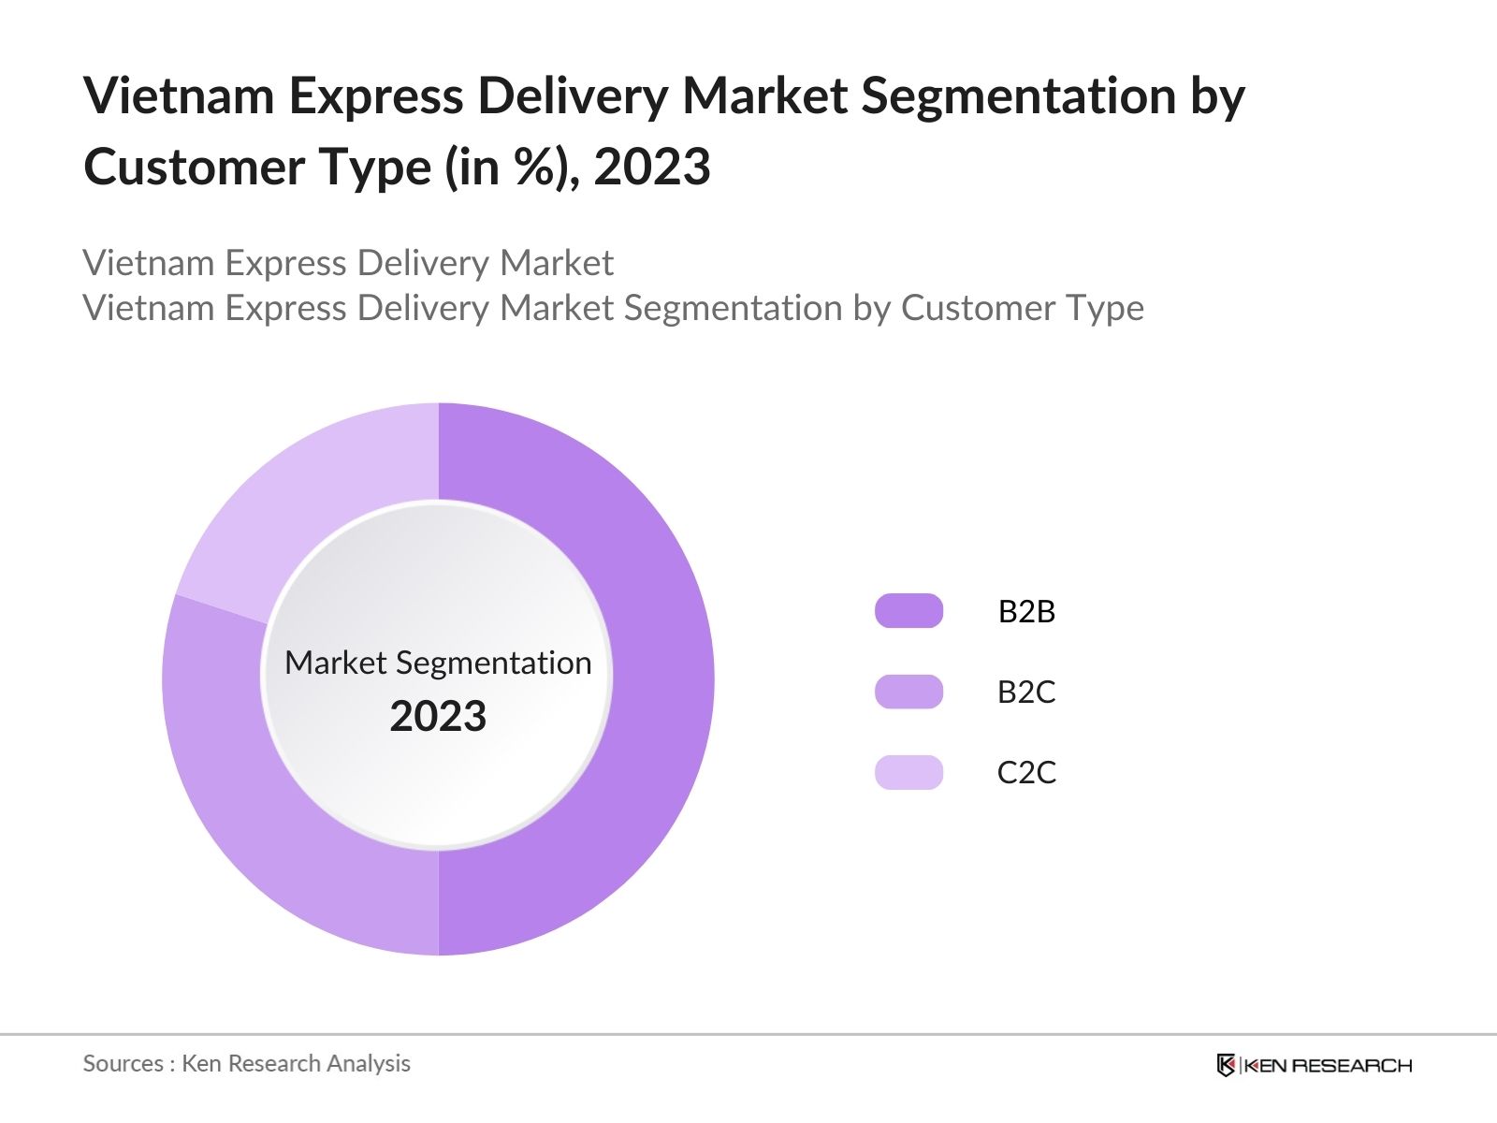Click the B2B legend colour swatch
(908, 611)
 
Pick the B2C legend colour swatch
(908, 692)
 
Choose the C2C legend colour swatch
(908, 772)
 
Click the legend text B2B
(1026, 611)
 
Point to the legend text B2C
(1026, 692)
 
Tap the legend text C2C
(1026, 772)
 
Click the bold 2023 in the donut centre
(438, 717)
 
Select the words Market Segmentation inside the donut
(438, 663)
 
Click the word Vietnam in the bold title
(179, 95)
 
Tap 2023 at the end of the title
(652, 168)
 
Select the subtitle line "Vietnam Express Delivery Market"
(348, 263)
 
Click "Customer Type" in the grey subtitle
(1022, 308)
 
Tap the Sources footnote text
(247, 1063)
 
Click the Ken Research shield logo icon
(1226, 1065)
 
